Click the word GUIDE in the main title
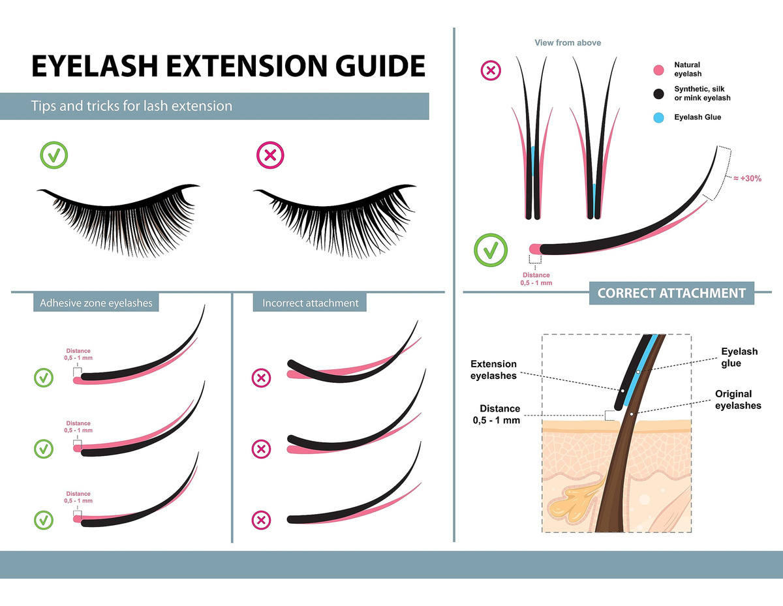pos(380,66)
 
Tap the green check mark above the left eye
pos(54,155)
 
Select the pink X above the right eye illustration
pos(270,155)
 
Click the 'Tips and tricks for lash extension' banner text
pos(132,106)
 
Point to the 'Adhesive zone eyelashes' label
pos(96,303)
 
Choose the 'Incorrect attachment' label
pos(310,303)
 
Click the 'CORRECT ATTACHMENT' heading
pos(671,293)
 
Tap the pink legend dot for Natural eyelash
pos(658,70)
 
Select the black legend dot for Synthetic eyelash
pos(658,94)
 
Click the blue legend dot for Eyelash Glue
pos(658,118)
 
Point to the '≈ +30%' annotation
pos(747,178)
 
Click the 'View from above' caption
pos(568,43)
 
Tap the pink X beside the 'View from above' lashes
pos(491,70)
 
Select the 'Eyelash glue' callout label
pos(739,357)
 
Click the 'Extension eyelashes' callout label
pos(493,369)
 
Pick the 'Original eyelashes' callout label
pos(738,399)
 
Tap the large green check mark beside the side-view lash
pos(491,250)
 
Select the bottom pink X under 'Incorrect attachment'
pos(261,520)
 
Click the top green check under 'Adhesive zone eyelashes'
pos(44,378)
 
